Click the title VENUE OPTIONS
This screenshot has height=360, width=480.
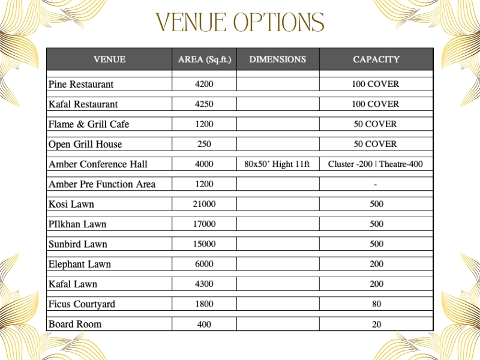click(240, 23)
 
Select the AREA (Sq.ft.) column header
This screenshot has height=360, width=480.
click(204, 59)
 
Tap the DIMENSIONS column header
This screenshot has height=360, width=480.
click(277, 59)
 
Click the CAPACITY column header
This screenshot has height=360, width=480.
click(376, 59)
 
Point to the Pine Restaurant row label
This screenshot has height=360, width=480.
click(81, 84)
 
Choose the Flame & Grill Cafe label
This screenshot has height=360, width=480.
click(89, 124)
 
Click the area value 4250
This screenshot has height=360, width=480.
click(204, 104)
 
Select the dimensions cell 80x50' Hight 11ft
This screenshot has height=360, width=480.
click(277, 164)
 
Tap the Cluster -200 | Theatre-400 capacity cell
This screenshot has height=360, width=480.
click(376, 164)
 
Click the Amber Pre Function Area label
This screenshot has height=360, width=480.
click(102, 184)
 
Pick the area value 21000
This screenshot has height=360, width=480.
click(204, 205)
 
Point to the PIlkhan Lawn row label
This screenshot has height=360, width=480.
click(77, 224)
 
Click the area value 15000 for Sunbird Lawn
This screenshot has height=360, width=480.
click(204, 244)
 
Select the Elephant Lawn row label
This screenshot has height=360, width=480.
click(80, 264)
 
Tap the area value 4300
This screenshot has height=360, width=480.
click(204, 284)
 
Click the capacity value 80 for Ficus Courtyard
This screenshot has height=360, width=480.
click(376, 304)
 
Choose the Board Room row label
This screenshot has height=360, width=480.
click(75, 324)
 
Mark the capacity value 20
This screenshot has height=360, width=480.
click(376, 325)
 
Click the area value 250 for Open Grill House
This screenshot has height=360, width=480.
click(204, 145)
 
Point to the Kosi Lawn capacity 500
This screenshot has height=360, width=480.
click(376, 205)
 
